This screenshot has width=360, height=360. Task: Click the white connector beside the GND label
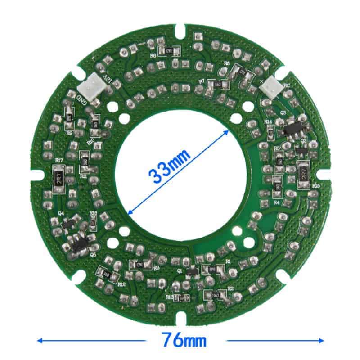(x=90, y=84)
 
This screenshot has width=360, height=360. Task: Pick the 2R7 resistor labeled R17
(x=59, y=179)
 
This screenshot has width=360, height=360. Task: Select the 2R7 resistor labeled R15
(x=303, y=173)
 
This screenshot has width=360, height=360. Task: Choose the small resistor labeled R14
(x=270, y=130)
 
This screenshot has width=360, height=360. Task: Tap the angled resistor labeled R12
(x=107, y=273)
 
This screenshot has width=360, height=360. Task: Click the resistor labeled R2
(x=215, y=295)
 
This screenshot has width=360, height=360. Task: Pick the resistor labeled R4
(x=278, y=186)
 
